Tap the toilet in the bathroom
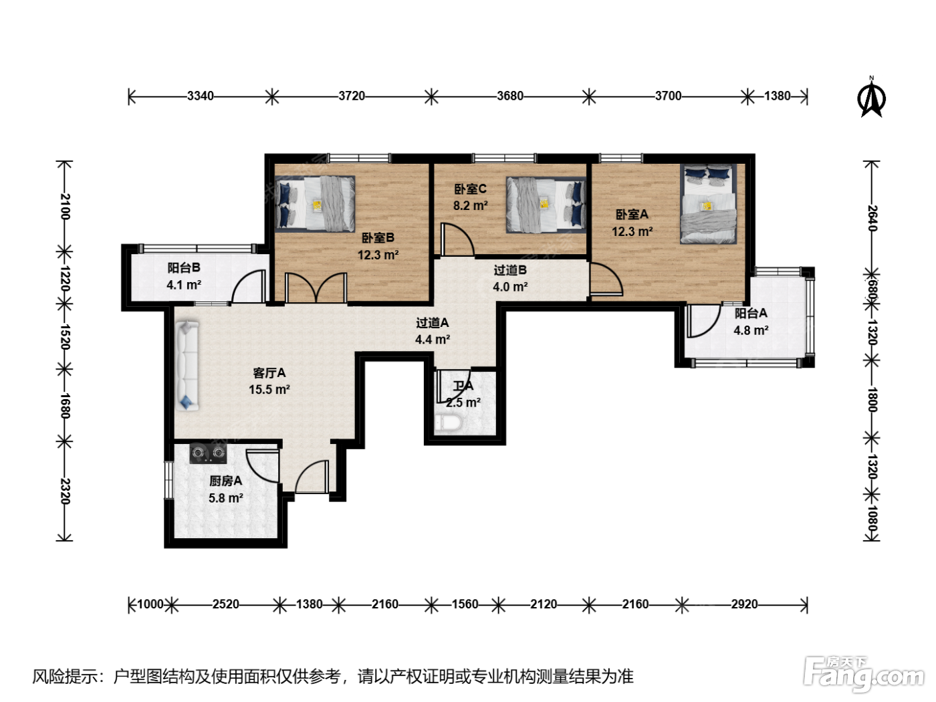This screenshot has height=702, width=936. click(447, 423)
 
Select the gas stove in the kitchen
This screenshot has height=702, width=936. click(208, 453)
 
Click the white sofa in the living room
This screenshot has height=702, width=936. click(187, 366)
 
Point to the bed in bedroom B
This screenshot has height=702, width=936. click(315, 203)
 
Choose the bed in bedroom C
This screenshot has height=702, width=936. click(546, 205)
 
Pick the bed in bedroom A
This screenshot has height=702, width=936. click(708, 204)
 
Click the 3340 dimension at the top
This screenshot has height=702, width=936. click(201, 96)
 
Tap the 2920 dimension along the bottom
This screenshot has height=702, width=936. click(744, 604)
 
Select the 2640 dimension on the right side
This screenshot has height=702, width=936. click(872, 218)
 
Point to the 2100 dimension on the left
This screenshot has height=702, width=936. click(64, 207)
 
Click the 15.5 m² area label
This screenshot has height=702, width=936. click(269, 389)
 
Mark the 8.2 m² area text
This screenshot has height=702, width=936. click(471, 205)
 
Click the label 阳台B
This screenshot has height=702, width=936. click(184, 267)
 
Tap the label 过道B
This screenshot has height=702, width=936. click(510, 270)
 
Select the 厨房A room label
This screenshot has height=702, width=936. click(225, 481)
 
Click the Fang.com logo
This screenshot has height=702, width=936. click(864, 675)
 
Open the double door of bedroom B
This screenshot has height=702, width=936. click(316, 288)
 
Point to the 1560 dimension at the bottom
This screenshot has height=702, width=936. click(465, 604)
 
